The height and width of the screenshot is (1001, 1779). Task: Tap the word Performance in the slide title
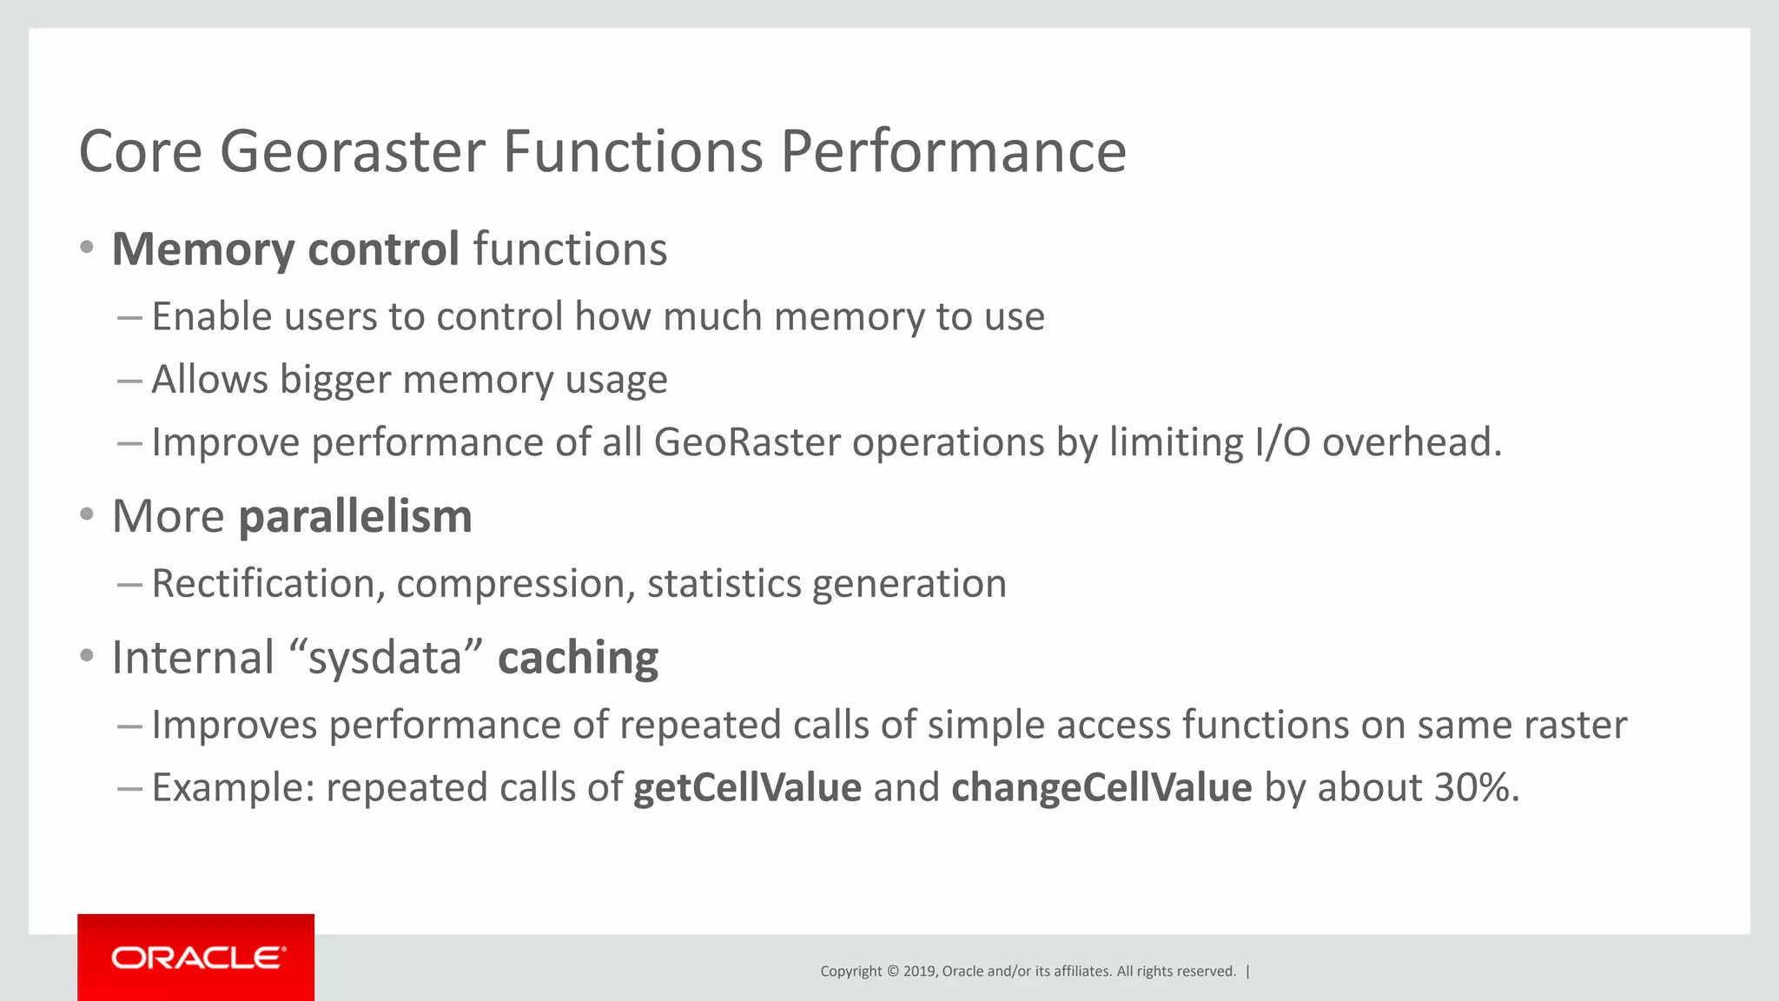point(953,152)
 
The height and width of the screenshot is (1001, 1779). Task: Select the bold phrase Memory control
point(285,249)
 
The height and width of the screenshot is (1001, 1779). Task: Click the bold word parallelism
point(355,517)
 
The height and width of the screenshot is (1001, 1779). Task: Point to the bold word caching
point(578,658)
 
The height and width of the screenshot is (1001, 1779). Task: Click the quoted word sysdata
point(385,658)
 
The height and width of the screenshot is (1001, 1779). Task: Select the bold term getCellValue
point(747,788)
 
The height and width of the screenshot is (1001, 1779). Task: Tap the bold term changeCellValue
point(1101,788)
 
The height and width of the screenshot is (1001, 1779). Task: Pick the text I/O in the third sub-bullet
point(1281,442)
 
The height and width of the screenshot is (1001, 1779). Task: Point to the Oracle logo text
point(197,958)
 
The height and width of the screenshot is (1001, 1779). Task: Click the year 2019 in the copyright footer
point(918,971)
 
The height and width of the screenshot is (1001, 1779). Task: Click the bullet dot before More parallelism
point(86,515)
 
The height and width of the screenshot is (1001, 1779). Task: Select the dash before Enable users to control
point(129,318)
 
